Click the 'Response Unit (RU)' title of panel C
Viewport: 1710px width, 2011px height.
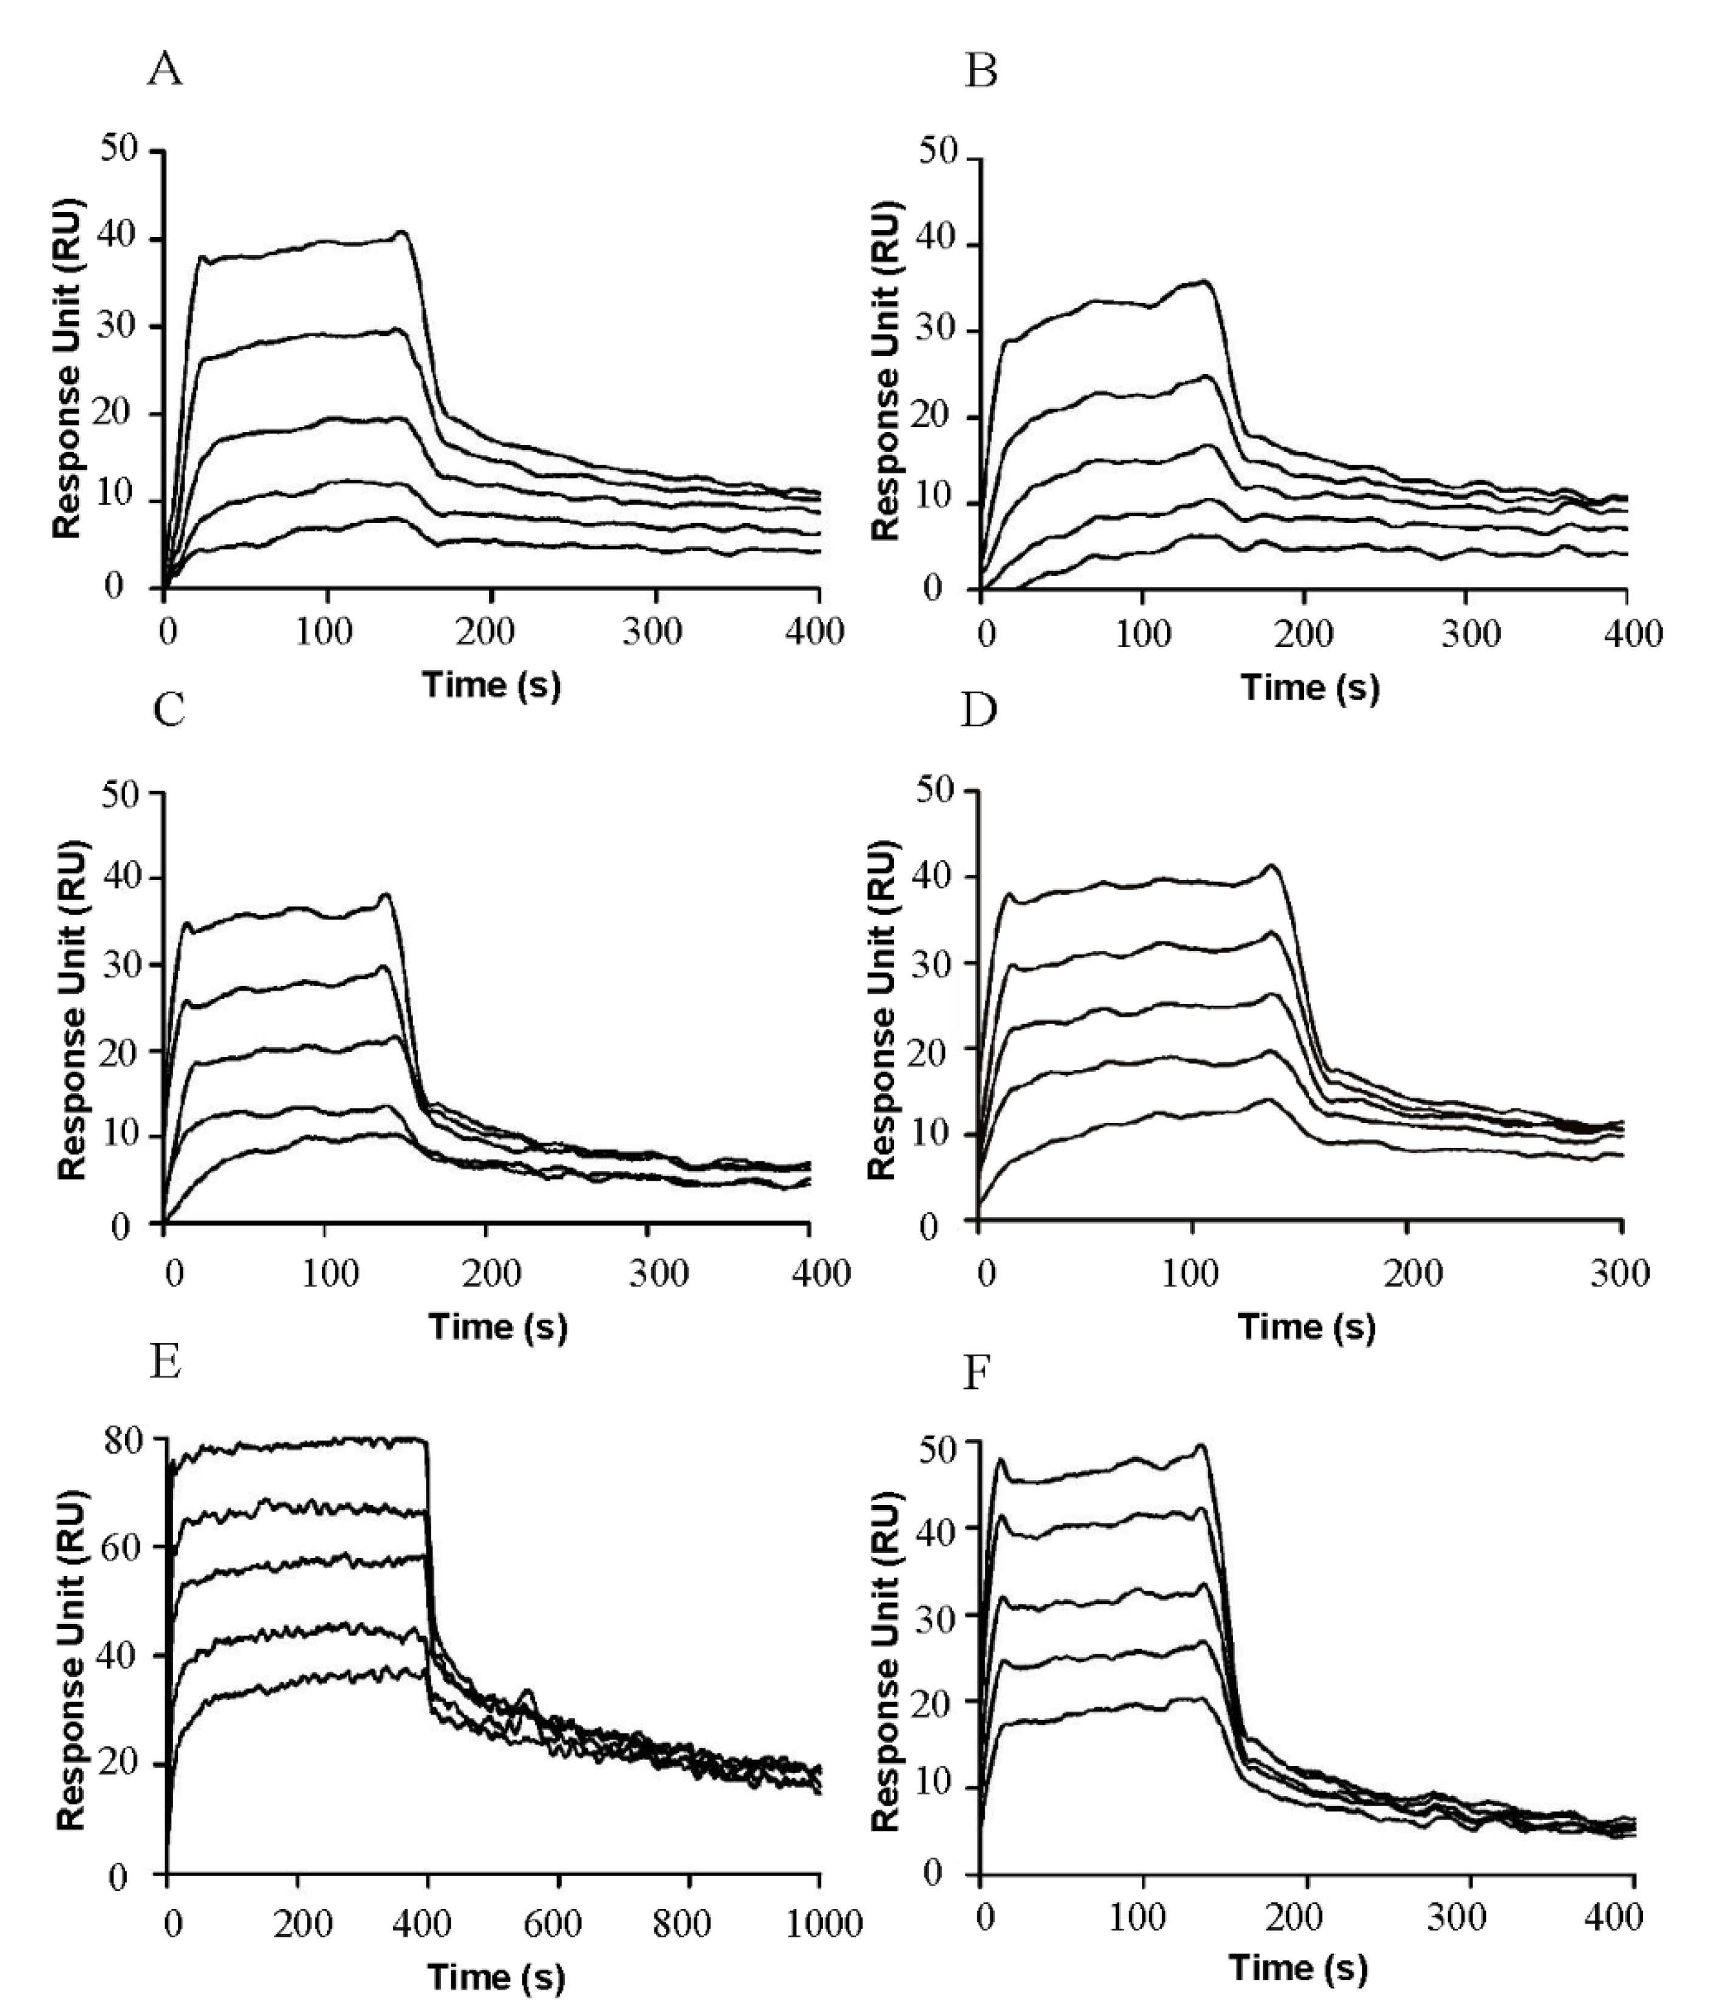(73, 1009)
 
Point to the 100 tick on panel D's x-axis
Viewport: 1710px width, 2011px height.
(1191, 1272)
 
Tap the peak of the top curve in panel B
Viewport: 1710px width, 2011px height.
(1206, 281)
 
